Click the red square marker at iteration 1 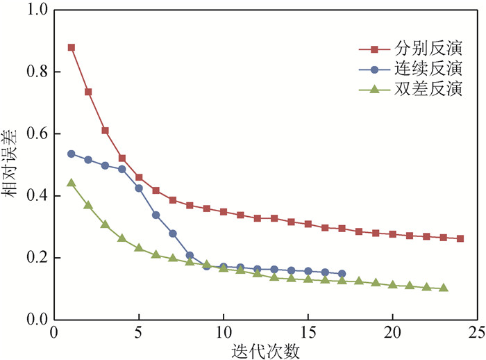click(x=71, y=47)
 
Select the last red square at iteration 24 click(x=460, y=238)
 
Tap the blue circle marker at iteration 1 click(x=71, y=154)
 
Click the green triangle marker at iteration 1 click(x=71, y=183)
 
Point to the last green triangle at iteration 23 click(x=444, y=288)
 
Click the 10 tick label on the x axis click(x=224, y=332)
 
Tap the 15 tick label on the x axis click(x=308, y=332)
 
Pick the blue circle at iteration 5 click(x=139, y=188)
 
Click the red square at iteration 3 click(x=105, y=131)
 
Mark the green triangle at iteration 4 click(x=121, y=238)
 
